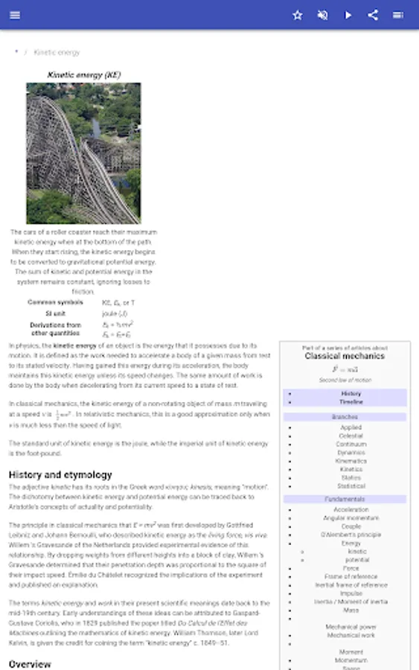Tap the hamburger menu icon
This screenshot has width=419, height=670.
coord(16,15)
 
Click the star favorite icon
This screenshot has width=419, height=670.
coord(298,15)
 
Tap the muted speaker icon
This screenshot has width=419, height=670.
coord(323,15)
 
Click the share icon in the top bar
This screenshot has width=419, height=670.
coord(374,15)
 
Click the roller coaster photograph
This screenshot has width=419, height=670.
coord(83,153)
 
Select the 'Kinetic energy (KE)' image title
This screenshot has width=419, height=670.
coord(83,74)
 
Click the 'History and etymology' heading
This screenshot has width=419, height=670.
coord(60,474)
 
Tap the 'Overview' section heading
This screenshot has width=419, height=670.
coord(30,663)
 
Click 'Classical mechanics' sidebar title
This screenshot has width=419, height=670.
coord(345,357)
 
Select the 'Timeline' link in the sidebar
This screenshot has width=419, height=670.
coord(351,402)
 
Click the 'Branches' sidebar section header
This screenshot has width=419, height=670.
coord(345,417)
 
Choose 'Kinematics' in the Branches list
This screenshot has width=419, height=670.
coord(351,461)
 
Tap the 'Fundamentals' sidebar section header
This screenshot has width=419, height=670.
coord(345,499)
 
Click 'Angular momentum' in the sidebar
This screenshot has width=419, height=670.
coord(351,517)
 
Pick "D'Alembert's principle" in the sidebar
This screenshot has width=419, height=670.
coord(351,535)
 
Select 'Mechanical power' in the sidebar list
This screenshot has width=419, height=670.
coord(351,627)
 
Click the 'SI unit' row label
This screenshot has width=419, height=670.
coord(55,313)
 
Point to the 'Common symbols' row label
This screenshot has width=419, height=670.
coord(55,302)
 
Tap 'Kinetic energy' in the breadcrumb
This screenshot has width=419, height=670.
coord(57,52)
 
